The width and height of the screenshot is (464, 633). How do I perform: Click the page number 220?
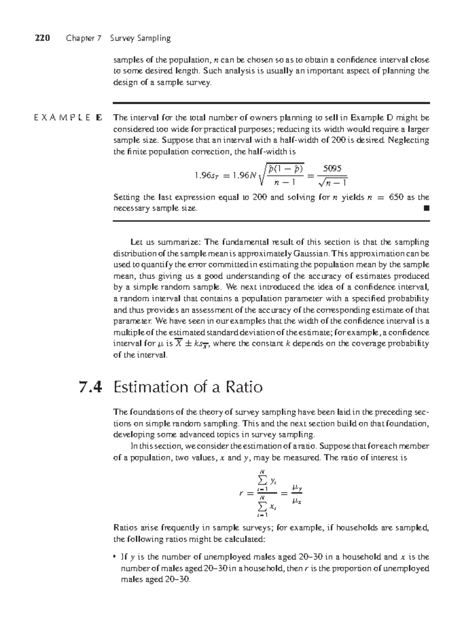pyautogui.click(x=43, y=38)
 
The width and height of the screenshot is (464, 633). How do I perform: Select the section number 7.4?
pyautogui.click(x=90, y=387)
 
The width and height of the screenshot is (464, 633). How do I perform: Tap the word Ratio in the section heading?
pyautogui.click(x=244, y=387)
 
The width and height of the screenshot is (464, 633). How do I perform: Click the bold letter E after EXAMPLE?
pyautogui.click(x=99, y=118)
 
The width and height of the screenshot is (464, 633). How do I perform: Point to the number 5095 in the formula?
pyautogui.click(x=332, y=169)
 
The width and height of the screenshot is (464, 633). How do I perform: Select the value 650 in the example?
pyautogui.click(x=396, y=197)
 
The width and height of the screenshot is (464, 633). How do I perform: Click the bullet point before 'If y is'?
pyautogui.click(x=114, y=557)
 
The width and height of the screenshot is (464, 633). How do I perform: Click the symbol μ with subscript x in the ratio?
pyautogui.click(x=297, y=502)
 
